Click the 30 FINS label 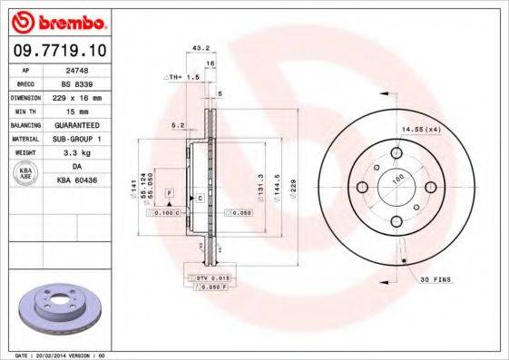pos(435,279)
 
